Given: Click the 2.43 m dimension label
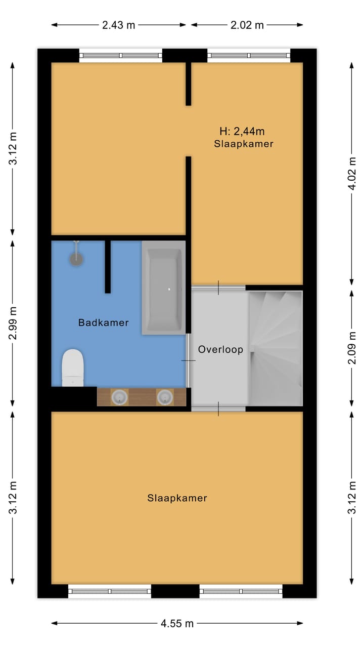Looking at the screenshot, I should pyautogui.click(x=119, y=25).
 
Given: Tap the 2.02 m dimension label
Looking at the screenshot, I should pyautogui.click(x=247, y=25).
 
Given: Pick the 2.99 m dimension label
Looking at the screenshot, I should pyautogui.click(x=13, y=323).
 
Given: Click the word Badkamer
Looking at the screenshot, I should pyautogui.click(x=103, y=322).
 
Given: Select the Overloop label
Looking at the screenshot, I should pyautogui.click(x=220, y=349).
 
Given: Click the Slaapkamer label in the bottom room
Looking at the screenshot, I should pyautogui.click(x=177, y=498).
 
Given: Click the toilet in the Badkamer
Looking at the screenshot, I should pyautogui.click(x=72, y=368).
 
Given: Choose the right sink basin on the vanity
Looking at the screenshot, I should pyautogui.click(x=164, y=397).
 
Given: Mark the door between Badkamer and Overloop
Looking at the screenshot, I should pyautogui.click(x=189, y=360).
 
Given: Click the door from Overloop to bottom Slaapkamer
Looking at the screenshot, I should pyautogui.click(x=218, y=409).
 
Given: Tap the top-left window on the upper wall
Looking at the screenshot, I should pyautogui.click(x=121, y=55).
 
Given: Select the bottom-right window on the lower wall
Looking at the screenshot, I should pyautogui.click(x=241, y=591).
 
